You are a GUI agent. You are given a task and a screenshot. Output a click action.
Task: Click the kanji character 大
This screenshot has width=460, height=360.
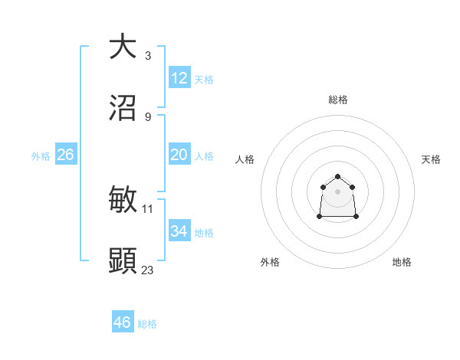(123, 47)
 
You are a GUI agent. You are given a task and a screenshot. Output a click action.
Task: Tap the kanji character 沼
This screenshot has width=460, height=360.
(123, 108)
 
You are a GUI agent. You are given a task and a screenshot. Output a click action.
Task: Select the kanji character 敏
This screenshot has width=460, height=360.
(123, 200)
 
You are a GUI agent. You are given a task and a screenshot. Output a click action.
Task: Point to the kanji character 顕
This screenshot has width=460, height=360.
(123, 261)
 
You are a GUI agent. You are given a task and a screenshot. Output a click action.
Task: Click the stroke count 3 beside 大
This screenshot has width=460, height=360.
(147, 55)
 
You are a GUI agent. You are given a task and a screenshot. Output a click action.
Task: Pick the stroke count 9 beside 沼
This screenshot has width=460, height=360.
(147, 116)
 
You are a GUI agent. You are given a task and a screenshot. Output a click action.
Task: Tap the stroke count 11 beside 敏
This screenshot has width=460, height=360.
(148, 208)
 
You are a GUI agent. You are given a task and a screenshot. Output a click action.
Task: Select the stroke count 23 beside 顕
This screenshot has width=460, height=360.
(148, 270)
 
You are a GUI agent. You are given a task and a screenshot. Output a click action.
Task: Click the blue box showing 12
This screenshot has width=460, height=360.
(179, 78)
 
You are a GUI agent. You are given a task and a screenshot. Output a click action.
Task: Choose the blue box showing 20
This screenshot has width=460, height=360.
(179, 155)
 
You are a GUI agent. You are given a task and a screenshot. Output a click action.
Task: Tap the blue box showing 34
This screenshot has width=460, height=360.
(179, 231)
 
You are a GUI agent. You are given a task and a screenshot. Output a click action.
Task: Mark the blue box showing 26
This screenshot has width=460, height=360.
(65, 155)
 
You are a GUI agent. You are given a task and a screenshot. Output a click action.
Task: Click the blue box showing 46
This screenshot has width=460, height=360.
(123, 322)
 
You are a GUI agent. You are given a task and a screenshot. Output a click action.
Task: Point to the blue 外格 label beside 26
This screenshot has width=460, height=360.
(41, 156)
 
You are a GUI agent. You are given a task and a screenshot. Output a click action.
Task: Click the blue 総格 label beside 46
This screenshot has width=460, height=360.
(147, 324)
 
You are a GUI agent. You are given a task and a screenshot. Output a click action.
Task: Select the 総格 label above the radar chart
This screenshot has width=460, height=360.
(338, 100)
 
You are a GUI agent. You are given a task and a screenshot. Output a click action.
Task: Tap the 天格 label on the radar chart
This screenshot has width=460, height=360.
(432, 159)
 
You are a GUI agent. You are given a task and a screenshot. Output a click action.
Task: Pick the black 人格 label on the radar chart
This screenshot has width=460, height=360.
(245, 159)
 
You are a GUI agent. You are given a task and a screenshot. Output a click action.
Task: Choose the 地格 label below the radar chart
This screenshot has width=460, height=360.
(402, 262)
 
